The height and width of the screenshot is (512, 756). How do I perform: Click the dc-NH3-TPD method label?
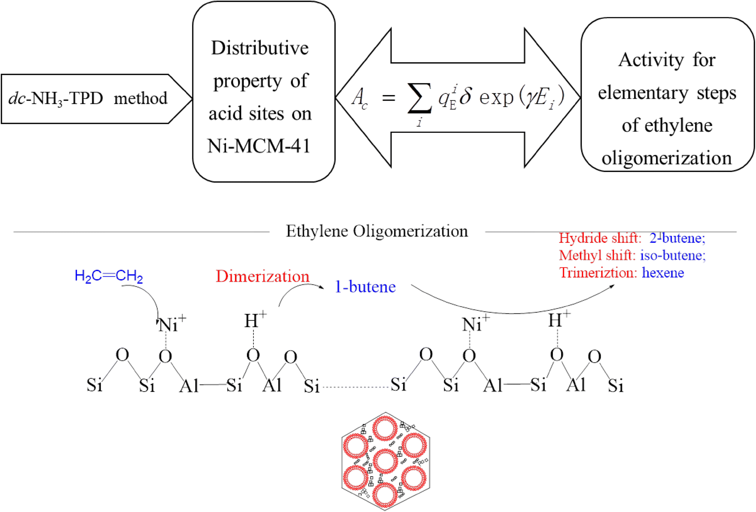pos(88,99)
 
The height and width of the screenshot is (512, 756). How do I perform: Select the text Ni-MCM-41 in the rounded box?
pos(259,146)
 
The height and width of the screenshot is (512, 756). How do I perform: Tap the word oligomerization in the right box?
pos(667,158)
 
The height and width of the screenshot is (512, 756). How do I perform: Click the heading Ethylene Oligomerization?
pos(377,231)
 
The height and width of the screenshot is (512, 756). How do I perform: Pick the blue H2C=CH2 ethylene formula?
pos(109,276)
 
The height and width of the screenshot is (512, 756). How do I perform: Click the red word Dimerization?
pos(262,276)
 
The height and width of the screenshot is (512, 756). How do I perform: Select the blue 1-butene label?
pos(365,287)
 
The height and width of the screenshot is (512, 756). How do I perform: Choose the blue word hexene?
pos(663,273)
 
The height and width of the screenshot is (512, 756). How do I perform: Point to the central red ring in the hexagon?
pos(385,461)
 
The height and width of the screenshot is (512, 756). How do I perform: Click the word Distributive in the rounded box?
pos(260,48)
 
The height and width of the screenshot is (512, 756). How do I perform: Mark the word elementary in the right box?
pos(643,93)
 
